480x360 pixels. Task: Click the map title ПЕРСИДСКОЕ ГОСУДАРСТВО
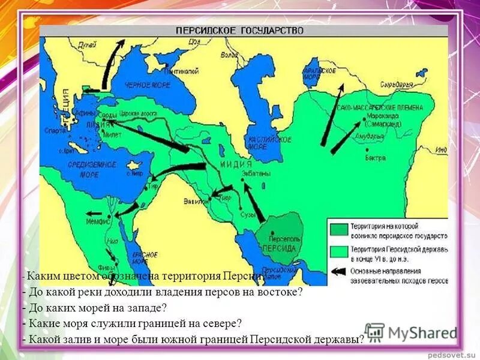239,30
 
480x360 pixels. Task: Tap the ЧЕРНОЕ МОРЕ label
147,85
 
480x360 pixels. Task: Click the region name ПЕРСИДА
275,247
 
